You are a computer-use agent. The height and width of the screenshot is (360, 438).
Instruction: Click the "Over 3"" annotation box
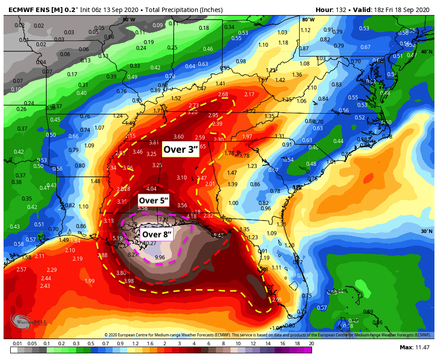[180, 149]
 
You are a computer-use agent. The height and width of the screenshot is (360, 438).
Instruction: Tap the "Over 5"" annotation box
[154, 200]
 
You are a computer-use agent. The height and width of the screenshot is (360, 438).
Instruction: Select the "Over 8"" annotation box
[157, 234]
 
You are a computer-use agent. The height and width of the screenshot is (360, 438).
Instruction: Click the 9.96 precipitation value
[159, 258]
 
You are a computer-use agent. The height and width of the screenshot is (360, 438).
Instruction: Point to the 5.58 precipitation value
[142, 208]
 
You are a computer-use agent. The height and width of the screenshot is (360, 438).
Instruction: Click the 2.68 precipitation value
[223, 94]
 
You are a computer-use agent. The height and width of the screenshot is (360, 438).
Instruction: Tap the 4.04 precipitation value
[151, 189]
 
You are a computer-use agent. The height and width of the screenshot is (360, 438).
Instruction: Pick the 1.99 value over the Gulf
[89, 281]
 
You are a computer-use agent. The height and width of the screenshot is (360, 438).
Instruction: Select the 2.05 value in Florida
[277, 299]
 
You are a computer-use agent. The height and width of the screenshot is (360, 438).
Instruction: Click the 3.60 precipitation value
[178, 137]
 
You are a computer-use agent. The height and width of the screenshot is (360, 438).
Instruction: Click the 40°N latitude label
[426, 52]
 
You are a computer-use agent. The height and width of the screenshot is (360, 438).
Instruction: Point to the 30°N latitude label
[426, 231]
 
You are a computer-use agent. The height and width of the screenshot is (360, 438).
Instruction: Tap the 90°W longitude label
[129, 20]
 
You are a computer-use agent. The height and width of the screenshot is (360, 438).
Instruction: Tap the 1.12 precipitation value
[305, 30]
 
